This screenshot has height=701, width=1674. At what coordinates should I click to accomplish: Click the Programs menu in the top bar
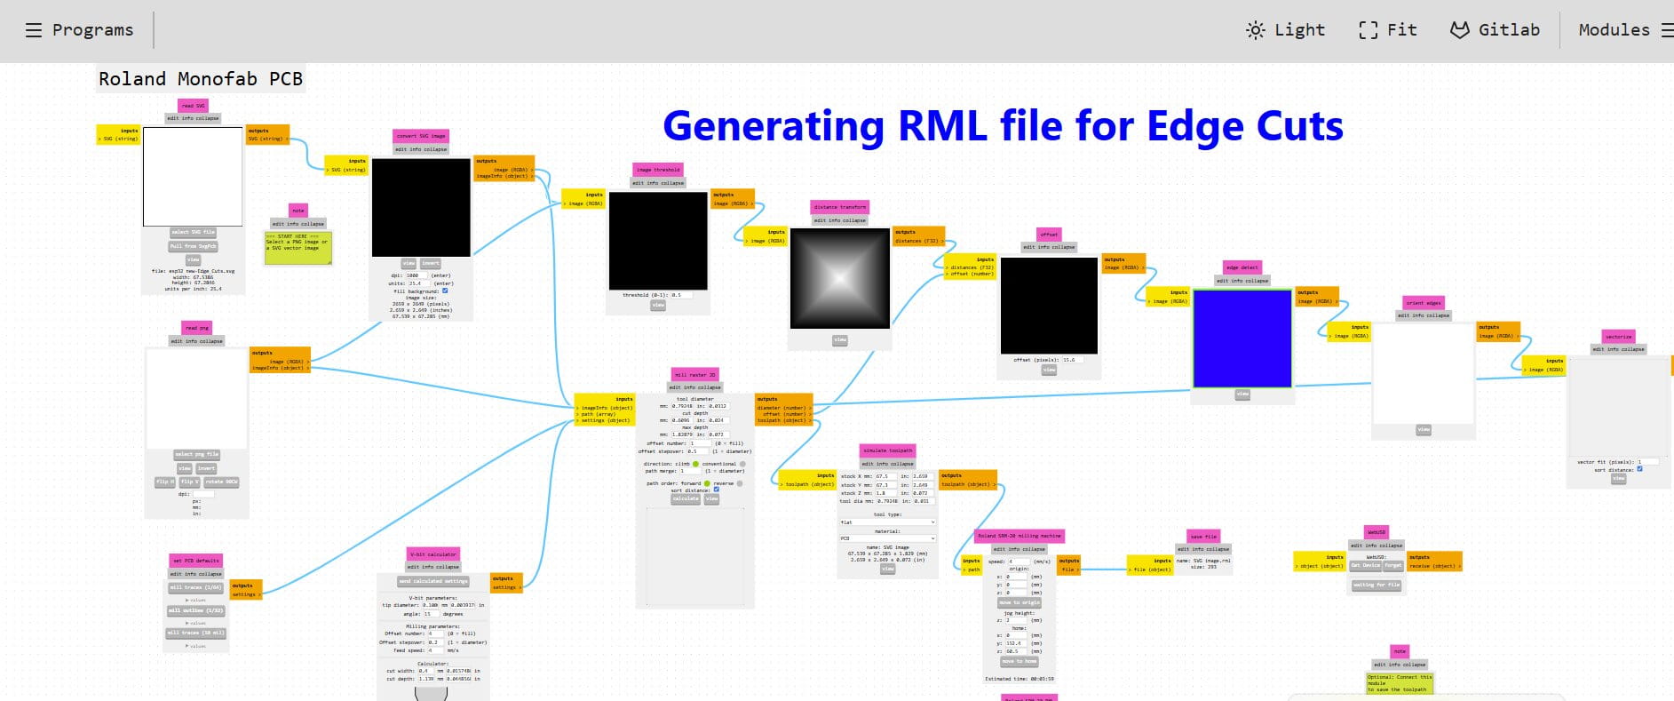[x=80, y=30]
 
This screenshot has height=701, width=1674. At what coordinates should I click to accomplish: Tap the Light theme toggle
[x=1286, y=30]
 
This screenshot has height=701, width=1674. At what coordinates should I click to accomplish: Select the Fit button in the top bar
[x=1388, y=30]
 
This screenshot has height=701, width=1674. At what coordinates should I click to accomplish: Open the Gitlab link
[x=1495, y=30]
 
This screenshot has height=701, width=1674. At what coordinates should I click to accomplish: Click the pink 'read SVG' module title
[x=194, y=106]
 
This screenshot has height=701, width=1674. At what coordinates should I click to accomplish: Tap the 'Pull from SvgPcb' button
[x=194, y=246]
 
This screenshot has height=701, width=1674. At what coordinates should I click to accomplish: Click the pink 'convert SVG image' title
[x=421, y=136]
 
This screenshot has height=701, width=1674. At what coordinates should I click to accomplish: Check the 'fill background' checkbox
[x=445, y=291]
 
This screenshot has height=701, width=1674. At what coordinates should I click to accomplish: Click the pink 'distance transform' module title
[x=839, y=207]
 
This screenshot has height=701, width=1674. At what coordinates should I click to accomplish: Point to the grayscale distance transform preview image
[x=839, y=278]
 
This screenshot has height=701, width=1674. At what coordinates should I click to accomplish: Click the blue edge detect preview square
[x=1242, y=339]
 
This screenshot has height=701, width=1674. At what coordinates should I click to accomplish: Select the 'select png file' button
[x=196, y=454]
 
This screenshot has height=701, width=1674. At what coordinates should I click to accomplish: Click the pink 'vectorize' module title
[x=1618, y=337]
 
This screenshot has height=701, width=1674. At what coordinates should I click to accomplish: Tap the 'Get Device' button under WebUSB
[x=1365, y=565]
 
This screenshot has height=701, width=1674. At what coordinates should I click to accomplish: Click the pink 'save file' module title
[x=1203, y=537]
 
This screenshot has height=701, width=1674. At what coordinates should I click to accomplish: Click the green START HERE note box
[x=298, y=247]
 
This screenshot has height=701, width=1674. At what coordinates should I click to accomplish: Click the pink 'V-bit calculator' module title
[x=433, y=554]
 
